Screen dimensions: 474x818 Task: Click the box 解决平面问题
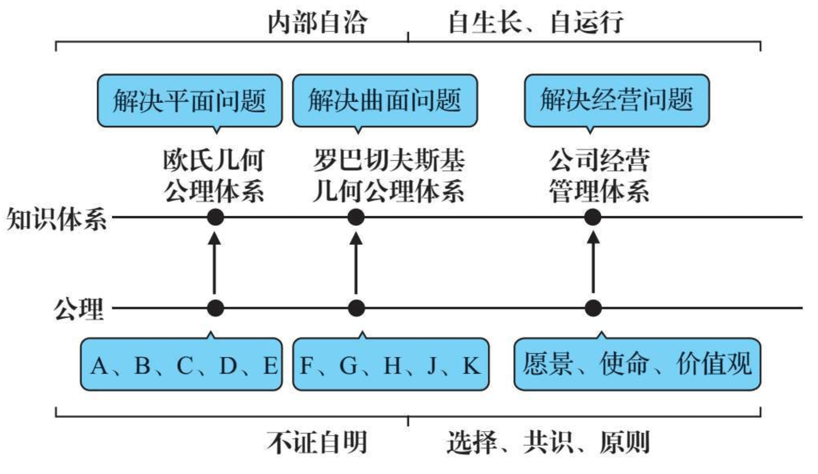(x=189, y=101)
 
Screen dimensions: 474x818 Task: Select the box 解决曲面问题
(x=385, y=101)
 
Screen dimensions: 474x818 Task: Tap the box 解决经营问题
(x=616, y=101)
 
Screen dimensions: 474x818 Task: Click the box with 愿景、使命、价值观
(x=637, y=364)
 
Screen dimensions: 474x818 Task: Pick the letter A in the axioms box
(x=99, y=365)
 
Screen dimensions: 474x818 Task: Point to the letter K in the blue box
(x=471, y=365)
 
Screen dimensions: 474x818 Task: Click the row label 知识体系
(x=56, y=219)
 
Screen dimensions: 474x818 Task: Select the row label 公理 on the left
(x=79, y=309)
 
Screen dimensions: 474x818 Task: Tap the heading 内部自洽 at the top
(x=317, y=22)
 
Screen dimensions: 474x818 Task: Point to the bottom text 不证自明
(x=317, y=442)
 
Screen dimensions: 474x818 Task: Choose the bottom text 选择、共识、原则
(x=548, y=442)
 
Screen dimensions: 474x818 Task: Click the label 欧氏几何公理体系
(x=214, y=176)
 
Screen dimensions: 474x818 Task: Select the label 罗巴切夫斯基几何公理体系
(x=389, y=176)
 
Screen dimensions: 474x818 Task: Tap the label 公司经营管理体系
(x=599, y=176)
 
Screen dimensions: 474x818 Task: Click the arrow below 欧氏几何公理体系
(x=215, y=263)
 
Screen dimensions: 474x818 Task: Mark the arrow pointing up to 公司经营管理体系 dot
(x=593, y=263)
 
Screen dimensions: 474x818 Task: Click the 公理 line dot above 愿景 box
(x=593, y=308)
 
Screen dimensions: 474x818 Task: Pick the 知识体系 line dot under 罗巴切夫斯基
(x=356, y=217)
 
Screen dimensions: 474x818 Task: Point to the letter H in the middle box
(x=392, y=365)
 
